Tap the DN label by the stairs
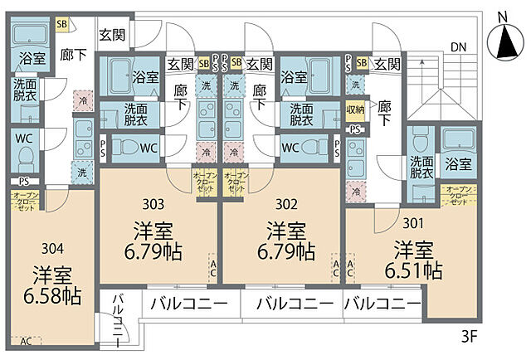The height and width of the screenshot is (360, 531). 458,46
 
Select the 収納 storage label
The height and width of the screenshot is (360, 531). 355,108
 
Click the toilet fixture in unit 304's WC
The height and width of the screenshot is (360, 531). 25,158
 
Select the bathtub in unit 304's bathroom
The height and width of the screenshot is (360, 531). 32,35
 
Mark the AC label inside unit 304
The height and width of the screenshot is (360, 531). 26,340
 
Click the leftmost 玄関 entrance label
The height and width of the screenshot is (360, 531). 112,35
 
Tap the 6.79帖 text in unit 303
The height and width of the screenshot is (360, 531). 153,250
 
